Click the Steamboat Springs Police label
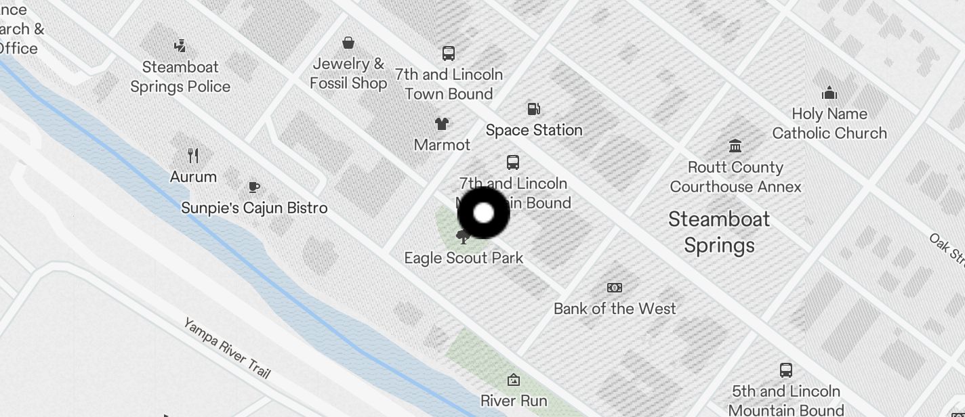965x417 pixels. coord(180,76)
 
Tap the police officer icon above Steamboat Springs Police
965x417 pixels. coord(180,46)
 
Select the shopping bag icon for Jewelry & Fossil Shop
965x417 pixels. coord(348,43)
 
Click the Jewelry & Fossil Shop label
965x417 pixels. coord(348,73)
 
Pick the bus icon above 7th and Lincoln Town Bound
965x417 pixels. coord(448,53)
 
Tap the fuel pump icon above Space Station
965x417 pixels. coord(534,109)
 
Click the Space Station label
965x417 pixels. coord(534,130)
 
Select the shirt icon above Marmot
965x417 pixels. coord(442,124)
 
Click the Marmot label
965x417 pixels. coord(442,145)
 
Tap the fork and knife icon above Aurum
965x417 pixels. coord(193,156)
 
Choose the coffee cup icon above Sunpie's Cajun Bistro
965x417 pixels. coord(254,187)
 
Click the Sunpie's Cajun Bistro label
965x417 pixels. coord(254,208)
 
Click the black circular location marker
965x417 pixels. coord(483,213)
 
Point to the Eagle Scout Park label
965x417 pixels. coord(464,258)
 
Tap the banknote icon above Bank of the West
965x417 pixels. coord(615,288)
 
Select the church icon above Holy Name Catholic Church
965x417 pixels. coord(829,93)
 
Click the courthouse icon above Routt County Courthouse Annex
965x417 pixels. coord(735,146)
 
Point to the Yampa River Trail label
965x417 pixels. coord(227,348)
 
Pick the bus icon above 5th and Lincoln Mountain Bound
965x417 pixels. coord(786,370)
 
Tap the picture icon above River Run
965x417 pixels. coord(514,380)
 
